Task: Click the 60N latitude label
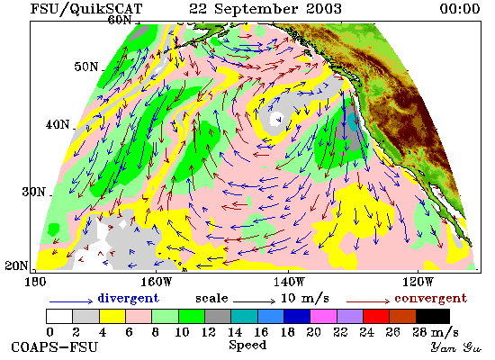point(120,20)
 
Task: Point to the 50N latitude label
point(85,67)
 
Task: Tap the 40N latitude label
point(58,124)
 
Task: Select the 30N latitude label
point(33,192)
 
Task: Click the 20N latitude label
point(16,265)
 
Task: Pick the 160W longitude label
point(156,282)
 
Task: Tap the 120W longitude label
point(418,282)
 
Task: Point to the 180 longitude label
point(35,282)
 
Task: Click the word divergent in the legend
point(129,298)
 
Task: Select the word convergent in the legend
point(430,298)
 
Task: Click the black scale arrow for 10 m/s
point(254,301)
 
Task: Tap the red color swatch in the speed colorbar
point(376,317)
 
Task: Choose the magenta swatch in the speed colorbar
point(323,317)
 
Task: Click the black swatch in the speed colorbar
point(433,317)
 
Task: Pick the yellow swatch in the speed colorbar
point(112,317)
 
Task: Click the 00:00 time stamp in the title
point(460,8)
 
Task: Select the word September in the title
point(256,9)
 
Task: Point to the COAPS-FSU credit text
point(54,346)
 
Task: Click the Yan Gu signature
point(456,347)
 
